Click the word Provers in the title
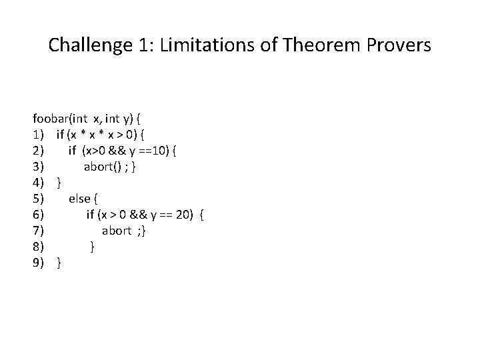click(399, 45)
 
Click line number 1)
click(39, 135)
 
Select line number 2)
click(39, 151)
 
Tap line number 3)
click(39, 167)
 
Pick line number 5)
click(39, 199)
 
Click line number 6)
click(39, 215)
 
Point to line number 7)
click(39, 231)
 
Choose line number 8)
click(39, 247)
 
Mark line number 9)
click(39, 263)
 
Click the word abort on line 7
click(117, 231)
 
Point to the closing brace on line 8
click(92, 247)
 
